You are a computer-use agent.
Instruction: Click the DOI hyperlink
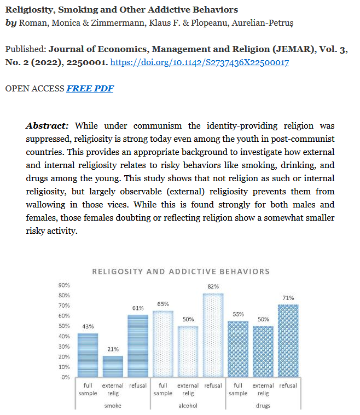click(x=200, y=63)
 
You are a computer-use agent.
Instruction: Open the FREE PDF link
click(x=90, y=88)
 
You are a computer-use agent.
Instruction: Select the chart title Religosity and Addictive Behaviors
click(x=181, y=272)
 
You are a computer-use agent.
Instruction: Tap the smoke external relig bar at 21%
click(x=113, y=366)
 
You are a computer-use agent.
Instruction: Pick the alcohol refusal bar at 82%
click(x=213, y=335)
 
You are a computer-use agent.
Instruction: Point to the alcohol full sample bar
click(x=162, y=344)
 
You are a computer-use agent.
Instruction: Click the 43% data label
click(x=88, y=327)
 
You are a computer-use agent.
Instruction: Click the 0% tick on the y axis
click(x=65, y=377)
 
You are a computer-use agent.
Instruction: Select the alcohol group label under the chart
click(x=188, y=406)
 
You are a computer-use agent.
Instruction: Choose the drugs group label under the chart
click(x=263, y=406)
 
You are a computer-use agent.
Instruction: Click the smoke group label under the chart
click(x=113, y=406)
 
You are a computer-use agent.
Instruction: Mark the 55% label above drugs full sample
click(x=238, y=314)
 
